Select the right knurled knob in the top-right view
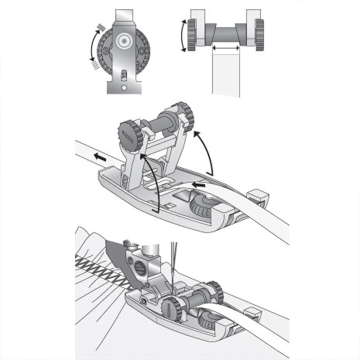click(x=259, y=34)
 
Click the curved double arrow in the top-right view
click(x=182, y=35)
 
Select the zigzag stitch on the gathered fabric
click(x=100, y=272)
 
